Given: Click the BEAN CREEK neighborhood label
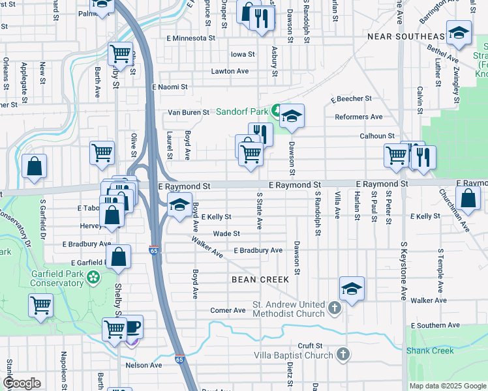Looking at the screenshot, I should tap(260, 279).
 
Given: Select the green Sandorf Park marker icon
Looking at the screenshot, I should tap(277, 111).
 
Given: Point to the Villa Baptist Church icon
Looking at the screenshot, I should tap(343, 355).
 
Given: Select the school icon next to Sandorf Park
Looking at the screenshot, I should tap(292, 115).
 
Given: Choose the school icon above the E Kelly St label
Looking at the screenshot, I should tap(179, 205).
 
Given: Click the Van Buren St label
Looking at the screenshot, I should tap(189, 112).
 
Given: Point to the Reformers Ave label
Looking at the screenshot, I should tap(358, 117).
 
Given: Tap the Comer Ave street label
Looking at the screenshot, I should tap(228, 310).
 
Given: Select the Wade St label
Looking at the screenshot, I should tap(227, 233).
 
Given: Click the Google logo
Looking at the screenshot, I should tap(22, 383).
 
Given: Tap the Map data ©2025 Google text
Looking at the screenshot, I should tap(447, 386).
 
